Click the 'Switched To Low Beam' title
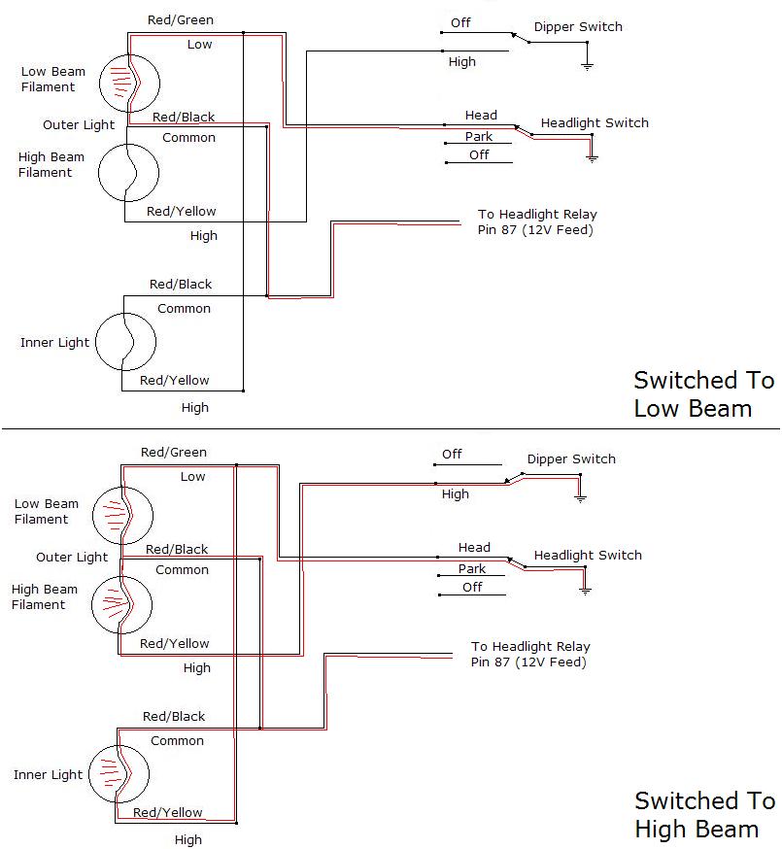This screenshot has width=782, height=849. click(704, 394)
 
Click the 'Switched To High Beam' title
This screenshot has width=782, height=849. click(704, 815)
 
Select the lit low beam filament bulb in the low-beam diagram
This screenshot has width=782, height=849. click(129, 84)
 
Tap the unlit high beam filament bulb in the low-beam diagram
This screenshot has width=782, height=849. click(128, 173)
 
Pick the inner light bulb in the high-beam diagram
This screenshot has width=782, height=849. click(119, 774)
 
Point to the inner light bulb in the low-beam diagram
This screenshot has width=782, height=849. click(125, 342)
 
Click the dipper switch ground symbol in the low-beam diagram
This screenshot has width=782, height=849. click(587, 66)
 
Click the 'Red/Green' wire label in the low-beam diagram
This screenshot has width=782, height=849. click(181, 20)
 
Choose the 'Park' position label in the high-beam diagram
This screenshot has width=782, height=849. click(472, 568)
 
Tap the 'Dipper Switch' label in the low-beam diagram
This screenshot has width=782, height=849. click(578, 27)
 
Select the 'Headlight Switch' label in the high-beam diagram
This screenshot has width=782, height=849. click(588, 556)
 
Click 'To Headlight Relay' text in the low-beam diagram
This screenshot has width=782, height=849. click(537, 215)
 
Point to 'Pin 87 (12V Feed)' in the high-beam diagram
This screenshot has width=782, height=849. click(528, 662)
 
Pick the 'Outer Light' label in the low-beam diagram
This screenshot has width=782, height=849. click(79, 125)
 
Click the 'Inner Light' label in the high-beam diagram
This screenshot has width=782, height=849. click(49, 775)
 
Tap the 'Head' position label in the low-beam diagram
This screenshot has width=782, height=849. click(481, 116)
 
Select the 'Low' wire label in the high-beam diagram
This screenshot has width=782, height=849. click(192, 477)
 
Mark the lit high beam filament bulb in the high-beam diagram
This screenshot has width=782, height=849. click(121, 605)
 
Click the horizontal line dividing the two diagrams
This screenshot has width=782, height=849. click(391, 428)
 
